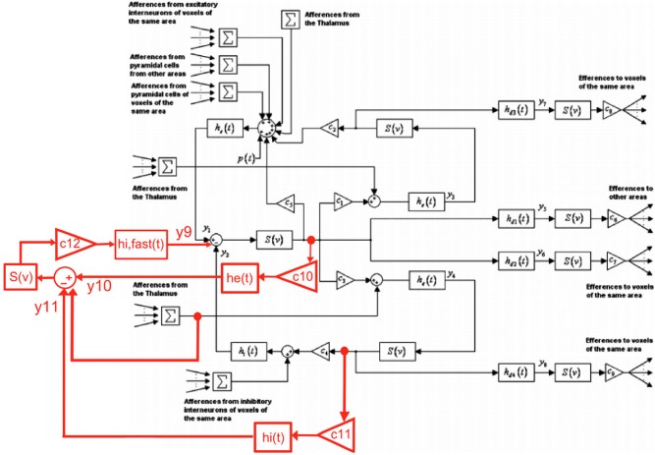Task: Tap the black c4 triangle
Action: pos(320,349)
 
